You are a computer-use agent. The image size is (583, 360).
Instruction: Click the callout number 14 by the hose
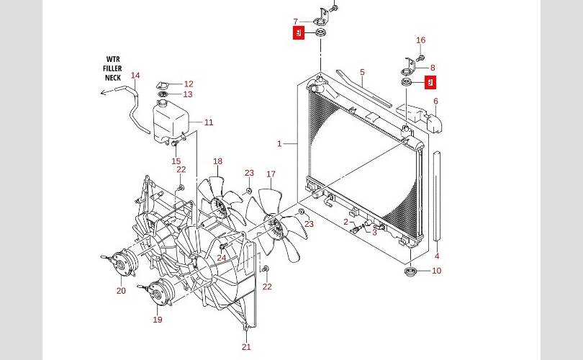(x=135, y=75)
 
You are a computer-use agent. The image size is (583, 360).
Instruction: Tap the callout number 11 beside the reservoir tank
(x=209, y=122)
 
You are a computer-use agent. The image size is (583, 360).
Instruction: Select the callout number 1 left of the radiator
(x=279, y=143)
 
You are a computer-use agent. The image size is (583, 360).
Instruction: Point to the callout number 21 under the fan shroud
(x=246, y=347)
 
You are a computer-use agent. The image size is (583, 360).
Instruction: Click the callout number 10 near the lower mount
(x=436, y=271)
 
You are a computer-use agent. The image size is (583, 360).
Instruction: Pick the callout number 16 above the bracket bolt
(x=420, y=40)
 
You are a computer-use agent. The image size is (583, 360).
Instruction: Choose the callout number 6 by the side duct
(x=435, y=101)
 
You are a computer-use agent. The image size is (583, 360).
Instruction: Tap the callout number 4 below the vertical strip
(x=437, y=256)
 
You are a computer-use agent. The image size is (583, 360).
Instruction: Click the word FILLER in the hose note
(x=112, y=68)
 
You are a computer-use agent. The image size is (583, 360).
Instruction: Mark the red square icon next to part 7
(x=299, y=32)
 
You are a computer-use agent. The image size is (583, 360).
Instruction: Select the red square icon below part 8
(x=430, y=83)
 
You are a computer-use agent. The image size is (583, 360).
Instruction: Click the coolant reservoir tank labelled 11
(x=170, y=121)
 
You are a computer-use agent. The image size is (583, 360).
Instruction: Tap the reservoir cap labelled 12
(x=164, y=85)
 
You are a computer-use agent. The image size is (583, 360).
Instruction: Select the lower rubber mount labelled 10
(x=410, y=271)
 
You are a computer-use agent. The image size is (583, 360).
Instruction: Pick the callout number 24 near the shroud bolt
(x=222, y=258)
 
